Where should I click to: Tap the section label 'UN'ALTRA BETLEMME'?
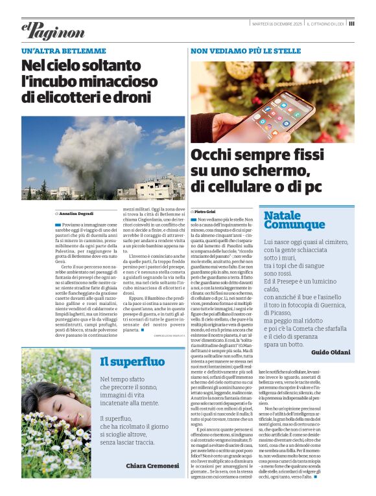[x=64, y=51]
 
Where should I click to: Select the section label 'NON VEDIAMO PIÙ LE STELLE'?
[x=245, y=51]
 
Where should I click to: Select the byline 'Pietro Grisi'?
[x=206, y=212]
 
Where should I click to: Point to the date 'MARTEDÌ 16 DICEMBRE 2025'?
[x=277, y=23]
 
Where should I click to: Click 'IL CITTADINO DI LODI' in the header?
[x=326, y=23]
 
